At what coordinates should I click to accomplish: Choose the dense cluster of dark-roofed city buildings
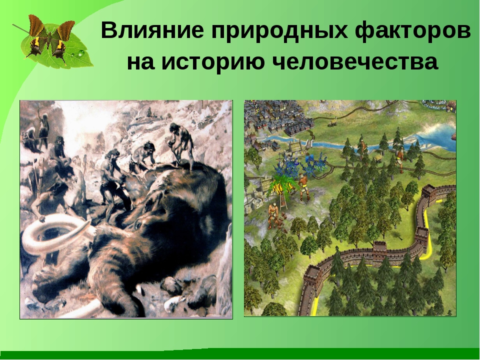(272, 120)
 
